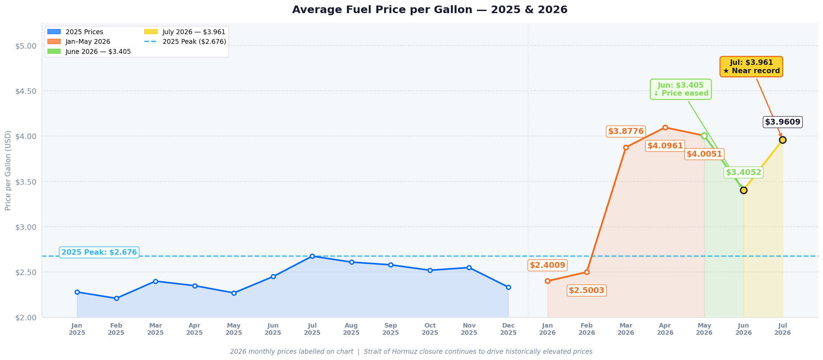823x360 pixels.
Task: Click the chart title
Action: tap(430, 10)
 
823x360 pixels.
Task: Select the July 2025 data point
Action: tap(312, 256)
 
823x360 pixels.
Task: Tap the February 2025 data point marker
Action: tap(116, 298)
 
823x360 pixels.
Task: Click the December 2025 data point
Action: tap(508, 287)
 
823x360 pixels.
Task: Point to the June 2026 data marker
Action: tap(744, 190)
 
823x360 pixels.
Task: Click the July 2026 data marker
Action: tap(783, 140)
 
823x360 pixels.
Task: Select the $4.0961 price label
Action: tap(665, 146)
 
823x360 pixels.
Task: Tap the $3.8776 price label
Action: tap(626, 132)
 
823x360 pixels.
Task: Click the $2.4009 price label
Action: tap(547, 265)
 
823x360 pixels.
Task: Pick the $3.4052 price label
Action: tap(744, 172)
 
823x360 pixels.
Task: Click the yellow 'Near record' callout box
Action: tap(751, 67)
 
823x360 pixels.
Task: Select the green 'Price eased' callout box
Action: tap(681, 89)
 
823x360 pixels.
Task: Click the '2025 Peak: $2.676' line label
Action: tap(99, 252)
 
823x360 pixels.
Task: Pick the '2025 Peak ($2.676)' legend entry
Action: tap(185, 42)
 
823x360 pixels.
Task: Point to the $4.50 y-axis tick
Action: tap(26, 91)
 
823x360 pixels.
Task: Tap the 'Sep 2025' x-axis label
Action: tap(391, 329)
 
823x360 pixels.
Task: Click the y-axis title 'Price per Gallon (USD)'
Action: tap(8, 170)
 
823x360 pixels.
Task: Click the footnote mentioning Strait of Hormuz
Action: tap(411, 352)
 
